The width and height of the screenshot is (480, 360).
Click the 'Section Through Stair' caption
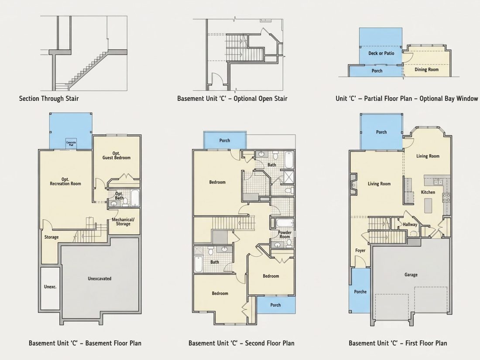coord(49,99)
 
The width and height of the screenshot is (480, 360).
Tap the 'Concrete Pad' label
coord(71,144)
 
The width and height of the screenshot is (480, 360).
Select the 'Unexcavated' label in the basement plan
coord(99,278)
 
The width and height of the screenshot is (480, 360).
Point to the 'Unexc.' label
coord(50,287)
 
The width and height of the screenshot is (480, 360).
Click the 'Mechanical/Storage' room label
coord(123,222)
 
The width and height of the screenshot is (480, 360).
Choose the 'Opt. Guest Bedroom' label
coord(117,155)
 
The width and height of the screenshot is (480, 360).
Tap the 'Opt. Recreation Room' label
coord(65,182)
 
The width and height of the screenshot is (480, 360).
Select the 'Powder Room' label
coord(285,234)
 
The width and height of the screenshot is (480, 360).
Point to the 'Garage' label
coord(411,275)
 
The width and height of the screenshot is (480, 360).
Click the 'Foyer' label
coord(360,250)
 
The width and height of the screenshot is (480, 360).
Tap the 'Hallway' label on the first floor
coord(410,224)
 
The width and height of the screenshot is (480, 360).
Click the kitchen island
coord(428,206)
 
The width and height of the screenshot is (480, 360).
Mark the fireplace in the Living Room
coord(353,185)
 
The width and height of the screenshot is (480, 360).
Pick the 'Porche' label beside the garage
coord(360,292)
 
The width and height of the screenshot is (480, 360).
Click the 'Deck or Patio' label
coord(381,53)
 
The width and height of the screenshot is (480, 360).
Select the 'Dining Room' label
coord(426,69)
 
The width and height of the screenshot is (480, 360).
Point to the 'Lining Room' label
coord(428,156)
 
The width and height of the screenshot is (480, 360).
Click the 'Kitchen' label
coord(428,192)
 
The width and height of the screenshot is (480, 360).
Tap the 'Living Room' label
coord(379,184)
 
